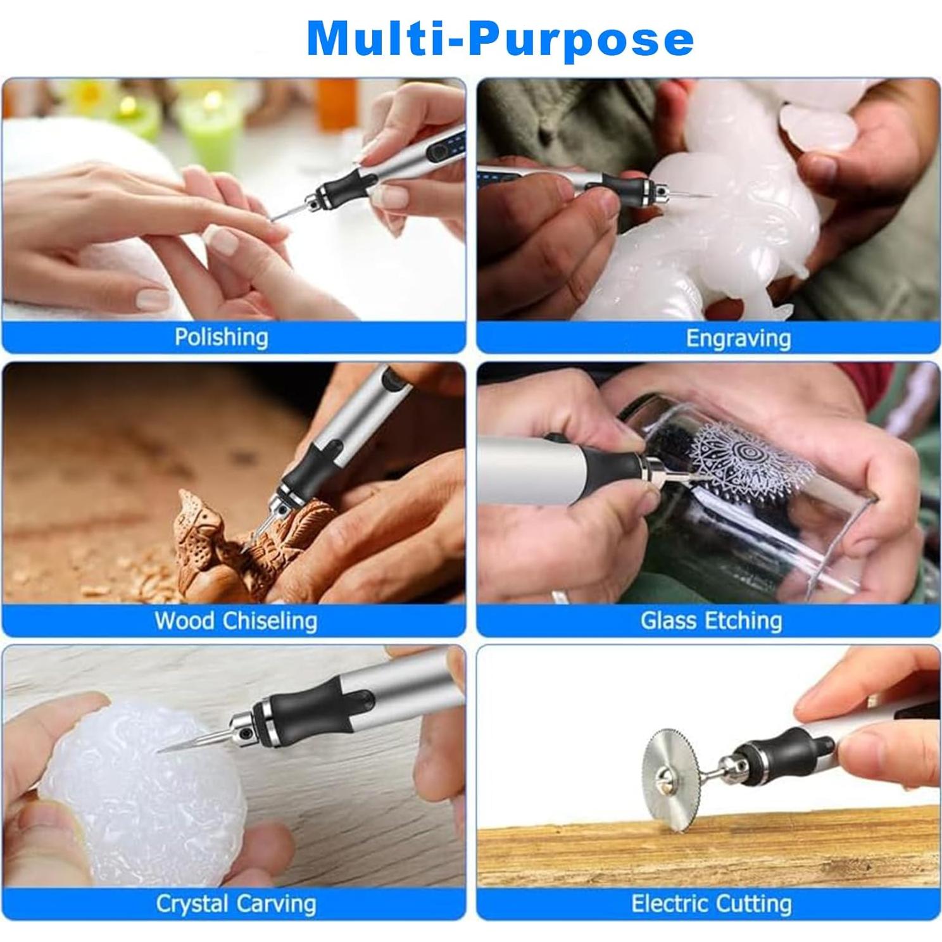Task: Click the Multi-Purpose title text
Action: [x=500, y=39]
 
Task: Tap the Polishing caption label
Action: [x=222, y=337]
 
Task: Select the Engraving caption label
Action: [x=738, y=338]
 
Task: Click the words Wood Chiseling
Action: [x=235, y=620]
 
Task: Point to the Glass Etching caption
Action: [x=712, y=620]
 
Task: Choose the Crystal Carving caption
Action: [x=235, y=903]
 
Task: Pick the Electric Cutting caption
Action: [x=712, y=903]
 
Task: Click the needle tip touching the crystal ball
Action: [x=160, y=751]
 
